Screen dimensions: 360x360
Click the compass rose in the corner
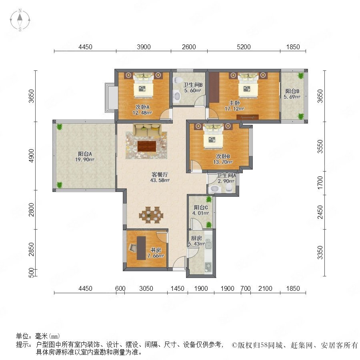[20, 20]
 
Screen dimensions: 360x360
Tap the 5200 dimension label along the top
[244, 47]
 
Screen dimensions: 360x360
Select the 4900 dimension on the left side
[31, 156]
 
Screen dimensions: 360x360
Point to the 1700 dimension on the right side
[320, 183]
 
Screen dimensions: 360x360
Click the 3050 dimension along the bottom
[146, 288]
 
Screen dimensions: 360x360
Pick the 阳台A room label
[85, 154]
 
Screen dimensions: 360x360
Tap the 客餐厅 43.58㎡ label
[160, 177]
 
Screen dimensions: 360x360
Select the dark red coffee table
[147, 146]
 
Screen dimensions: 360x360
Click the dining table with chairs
[151, 215]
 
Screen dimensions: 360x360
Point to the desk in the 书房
[141, 248]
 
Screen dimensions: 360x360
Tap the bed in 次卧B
[213, 136]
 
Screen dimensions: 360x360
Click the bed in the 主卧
[248, 85]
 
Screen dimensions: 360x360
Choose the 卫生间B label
[193, 85]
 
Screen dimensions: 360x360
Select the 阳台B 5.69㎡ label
[292, 94]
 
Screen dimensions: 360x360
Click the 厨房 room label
[196, 238]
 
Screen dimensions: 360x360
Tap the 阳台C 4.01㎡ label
[201, 210]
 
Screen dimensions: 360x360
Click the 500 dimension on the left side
[32, 272]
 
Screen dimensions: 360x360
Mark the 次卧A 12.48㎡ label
[142, 110]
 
